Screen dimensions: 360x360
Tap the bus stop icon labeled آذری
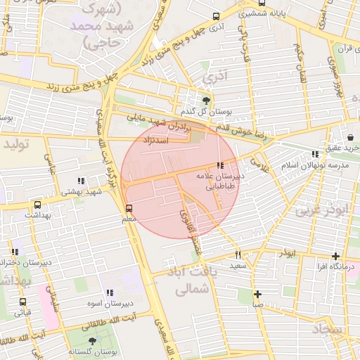click(216, 15)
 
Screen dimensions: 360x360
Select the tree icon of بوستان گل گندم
click(206, 101)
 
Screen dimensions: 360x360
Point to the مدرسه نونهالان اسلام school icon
click(315, 154)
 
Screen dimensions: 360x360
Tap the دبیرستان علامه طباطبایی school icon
click(221, 166)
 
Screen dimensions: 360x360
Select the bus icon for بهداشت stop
click(37, 205)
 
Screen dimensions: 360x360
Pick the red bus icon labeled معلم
click(128, 208)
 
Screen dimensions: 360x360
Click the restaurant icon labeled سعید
click(238, 255)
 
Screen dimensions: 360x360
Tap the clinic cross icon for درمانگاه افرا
click(336, 257)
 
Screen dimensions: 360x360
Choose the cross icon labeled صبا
click(258, 294)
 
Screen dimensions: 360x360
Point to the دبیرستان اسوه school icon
click(109, 292)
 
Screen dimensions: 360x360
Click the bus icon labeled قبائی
click(22, 302)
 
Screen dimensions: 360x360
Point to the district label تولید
click(18, 144)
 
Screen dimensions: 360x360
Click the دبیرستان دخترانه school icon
click(15, 252)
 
